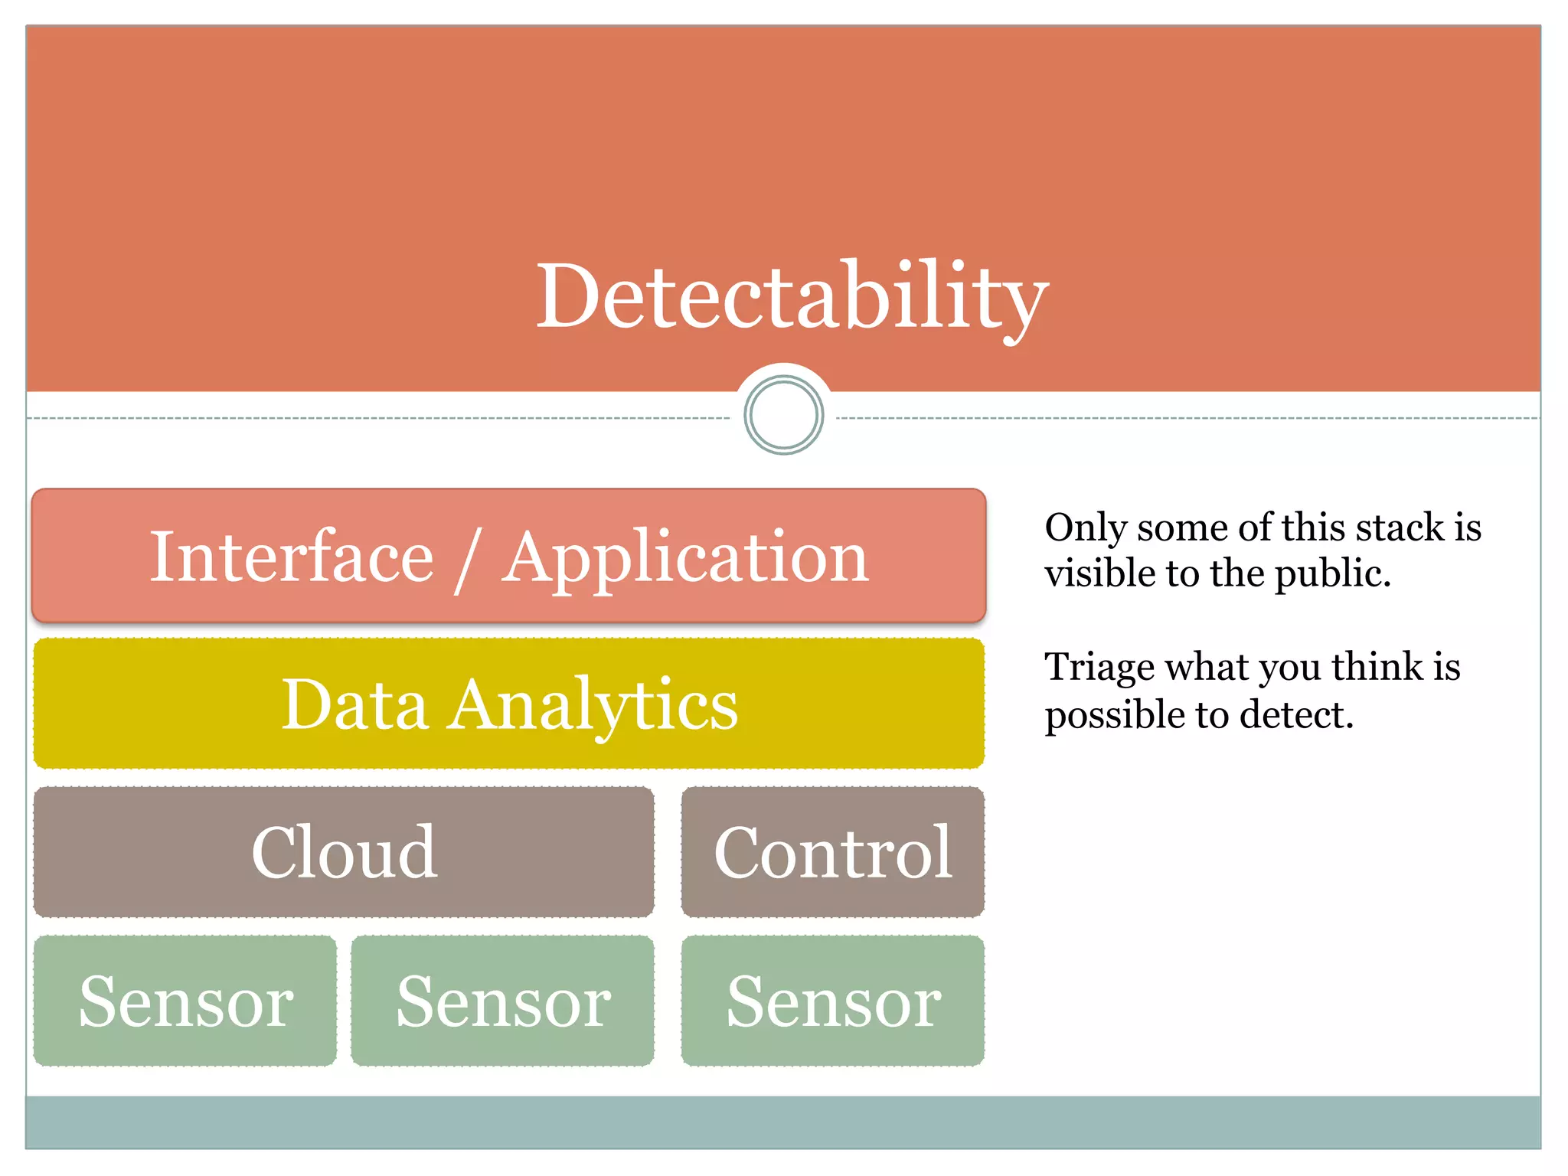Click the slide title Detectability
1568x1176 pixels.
[792, 296]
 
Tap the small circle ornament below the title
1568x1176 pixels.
[783, 416]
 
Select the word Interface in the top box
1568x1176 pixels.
[292, 557]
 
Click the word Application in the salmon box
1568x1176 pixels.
[685, 558]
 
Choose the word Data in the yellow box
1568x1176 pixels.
[354, 704]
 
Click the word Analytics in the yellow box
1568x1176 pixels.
[593, 706]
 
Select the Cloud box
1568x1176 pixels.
[344, 852]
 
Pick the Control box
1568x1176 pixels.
[833, 852]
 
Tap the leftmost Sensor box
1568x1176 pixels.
[185, 1001]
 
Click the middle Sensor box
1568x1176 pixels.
[503, 1001]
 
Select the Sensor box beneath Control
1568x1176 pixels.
[833, 1001]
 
